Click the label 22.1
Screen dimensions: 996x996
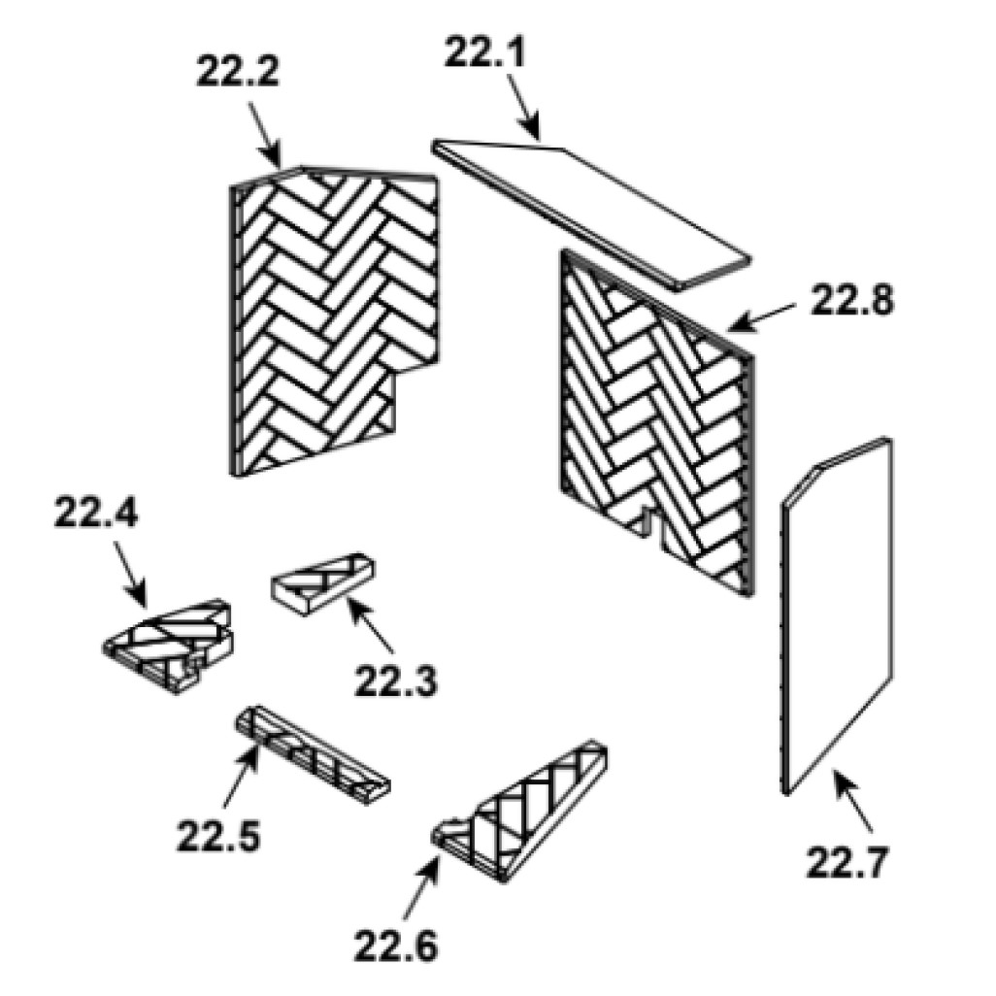[x=484, y=51]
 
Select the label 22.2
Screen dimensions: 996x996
[x=238, y=72]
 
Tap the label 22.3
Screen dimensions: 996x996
[x=396, y=681]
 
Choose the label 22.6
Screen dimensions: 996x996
[x=396, y=946]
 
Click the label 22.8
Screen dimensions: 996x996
[x=851, y=301]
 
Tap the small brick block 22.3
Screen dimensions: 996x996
[x=322, y=583]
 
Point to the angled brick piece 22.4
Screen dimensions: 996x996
[x=168, y=645]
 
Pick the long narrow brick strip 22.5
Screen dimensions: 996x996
[x=313, y=754]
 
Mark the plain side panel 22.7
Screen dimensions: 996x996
[x=836, y=616]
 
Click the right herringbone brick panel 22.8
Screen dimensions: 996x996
[x=657, y=422]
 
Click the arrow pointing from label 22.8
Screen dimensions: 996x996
[x=760, y=318]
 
